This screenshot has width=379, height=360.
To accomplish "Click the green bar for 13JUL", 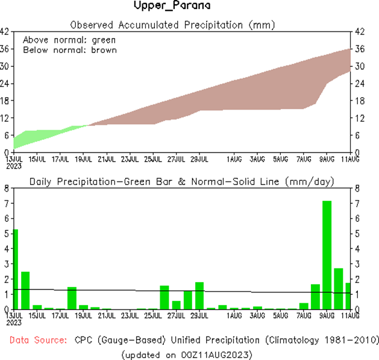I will (x=16, y=269).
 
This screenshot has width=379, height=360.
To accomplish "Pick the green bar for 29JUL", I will (x=199, y=295).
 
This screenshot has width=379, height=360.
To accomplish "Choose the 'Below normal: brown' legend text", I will (x=70, y=49).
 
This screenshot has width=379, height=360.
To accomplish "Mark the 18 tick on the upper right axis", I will (x=359, y=101).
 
